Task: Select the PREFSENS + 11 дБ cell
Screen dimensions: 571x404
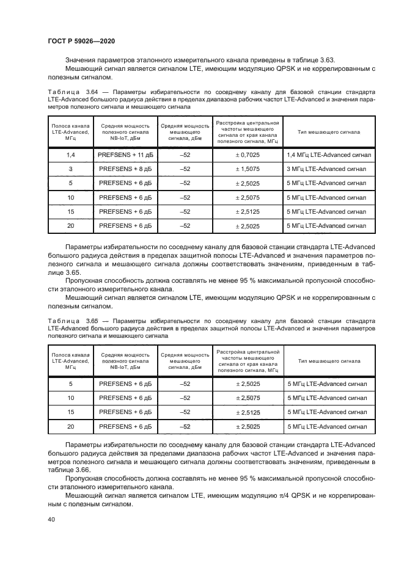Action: point(124,155)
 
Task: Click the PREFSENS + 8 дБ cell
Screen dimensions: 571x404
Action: point(124,169)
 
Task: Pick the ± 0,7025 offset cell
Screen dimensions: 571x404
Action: point(248,155)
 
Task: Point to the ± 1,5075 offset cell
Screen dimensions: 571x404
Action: point(248,169)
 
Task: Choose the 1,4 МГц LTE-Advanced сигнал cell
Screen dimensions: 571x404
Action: point(328,155)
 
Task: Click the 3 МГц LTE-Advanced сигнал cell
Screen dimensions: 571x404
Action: point(327,169)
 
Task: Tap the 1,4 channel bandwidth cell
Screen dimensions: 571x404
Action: point(71,155)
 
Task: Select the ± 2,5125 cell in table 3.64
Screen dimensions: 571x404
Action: point(248,211)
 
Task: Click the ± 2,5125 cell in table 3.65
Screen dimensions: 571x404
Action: point(248,412)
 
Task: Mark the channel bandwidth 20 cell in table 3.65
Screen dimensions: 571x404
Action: point(71,426)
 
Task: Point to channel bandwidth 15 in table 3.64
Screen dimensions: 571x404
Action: point(71,211)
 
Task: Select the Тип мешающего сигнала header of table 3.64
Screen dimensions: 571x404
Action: point(328,132)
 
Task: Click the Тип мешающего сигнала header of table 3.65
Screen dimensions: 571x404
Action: point(328,361)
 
